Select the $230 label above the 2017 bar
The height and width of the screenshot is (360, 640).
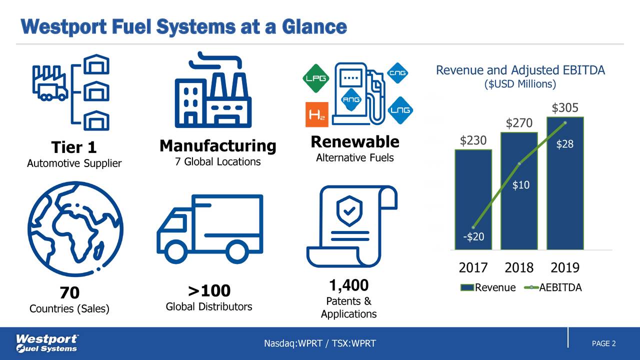tap(473, 140)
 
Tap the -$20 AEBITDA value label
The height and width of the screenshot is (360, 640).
tap(473, 236)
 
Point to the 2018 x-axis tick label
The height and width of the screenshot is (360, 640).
tap(519, 268)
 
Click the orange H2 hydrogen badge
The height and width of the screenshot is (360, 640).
tap(316, 114)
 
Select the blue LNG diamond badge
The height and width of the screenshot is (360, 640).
tap(400, 110)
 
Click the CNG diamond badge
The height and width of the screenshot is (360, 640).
tap(398, 73)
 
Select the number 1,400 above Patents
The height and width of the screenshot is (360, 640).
tap(348, 285)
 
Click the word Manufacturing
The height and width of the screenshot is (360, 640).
tap(217, 146)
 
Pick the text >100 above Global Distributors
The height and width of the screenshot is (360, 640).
tap(209, 290)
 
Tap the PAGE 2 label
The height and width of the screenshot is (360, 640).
tap(603, 343)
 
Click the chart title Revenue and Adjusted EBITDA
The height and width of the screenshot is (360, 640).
tap(520, 70)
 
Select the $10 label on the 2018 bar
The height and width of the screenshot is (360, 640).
tap(521, 185)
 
